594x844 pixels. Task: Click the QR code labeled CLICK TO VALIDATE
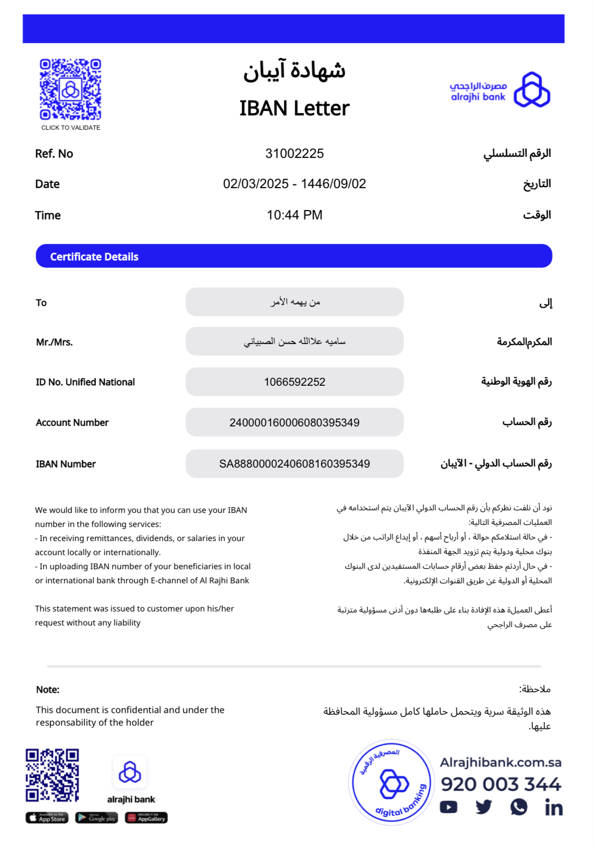[x=70, y=90]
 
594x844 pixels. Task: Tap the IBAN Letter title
[x=294, y=108]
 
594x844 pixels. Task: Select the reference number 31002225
[x=294, y=154]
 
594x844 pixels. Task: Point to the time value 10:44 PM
[x=294, y=215]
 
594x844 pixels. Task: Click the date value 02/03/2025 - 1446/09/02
[x=294, y=184]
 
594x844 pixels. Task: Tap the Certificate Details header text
[x=94, y=256]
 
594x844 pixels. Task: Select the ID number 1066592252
[x=294, y=382]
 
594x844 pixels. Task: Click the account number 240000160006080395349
[x=294, y=423]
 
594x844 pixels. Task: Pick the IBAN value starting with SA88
[x=294, y=464]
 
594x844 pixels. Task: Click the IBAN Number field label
[x=66, y=464]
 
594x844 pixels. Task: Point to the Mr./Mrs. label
[x=54, y=343]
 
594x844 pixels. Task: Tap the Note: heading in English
[x=47, y=690]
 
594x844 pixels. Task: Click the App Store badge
[x=47, y=818]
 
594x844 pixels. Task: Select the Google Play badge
[x=96, y=818]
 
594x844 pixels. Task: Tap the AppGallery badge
[x=146, y=818]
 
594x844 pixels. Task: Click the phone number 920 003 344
[x=501, y=784]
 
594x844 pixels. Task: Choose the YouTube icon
[x=448, y=808]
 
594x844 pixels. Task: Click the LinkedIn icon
[x=553, y=808]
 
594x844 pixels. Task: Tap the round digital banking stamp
[x=392, y=782]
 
